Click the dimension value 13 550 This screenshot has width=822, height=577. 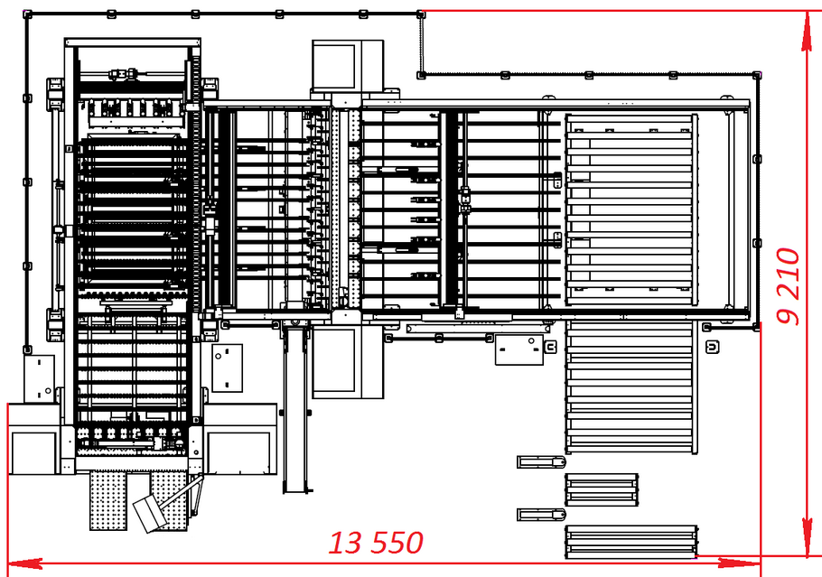375,543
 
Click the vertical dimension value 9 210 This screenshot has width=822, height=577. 789,285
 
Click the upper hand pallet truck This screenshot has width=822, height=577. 541,462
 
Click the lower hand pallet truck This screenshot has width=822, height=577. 541,515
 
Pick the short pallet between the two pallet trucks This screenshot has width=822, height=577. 601,490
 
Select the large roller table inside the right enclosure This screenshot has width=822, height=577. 631,210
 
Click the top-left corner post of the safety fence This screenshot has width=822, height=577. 27,14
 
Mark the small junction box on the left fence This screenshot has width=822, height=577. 39,377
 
